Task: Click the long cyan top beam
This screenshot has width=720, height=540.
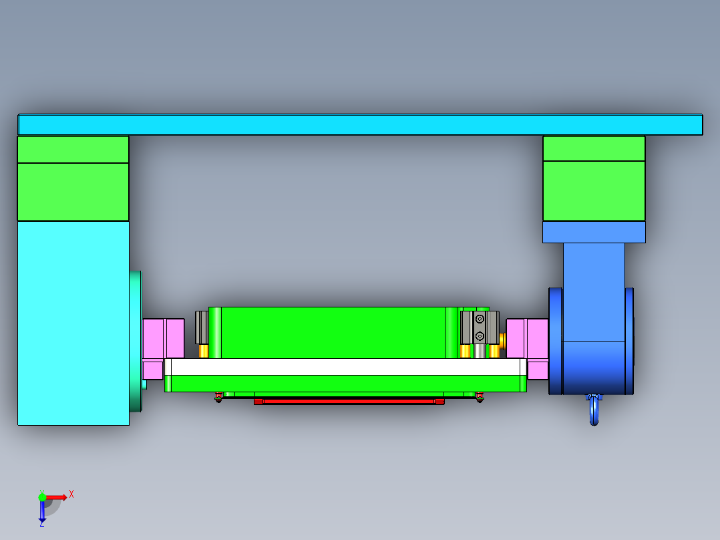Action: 360,125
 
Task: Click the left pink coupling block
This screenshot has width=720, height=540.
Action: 163,338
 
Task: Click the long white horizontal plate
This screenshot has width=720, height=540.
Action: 345,367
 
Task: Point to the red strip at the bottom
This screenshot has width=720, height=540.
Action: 349,401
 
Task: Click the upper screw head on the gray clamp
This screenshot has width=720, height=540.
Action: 480,319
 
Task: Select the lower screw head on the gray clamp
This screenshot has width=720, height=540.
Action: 480,335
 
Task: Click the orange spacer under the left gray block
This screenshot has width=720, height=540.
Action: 204,351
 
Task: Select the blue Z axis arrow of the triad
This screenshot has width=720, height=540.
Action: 42,512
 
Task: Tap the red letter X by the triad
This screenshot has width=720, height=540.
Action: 71,494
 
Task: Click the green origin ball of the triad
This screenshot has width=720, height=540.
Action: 42,497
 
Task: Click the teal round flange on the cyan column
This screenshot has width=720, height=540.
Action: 136,341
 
